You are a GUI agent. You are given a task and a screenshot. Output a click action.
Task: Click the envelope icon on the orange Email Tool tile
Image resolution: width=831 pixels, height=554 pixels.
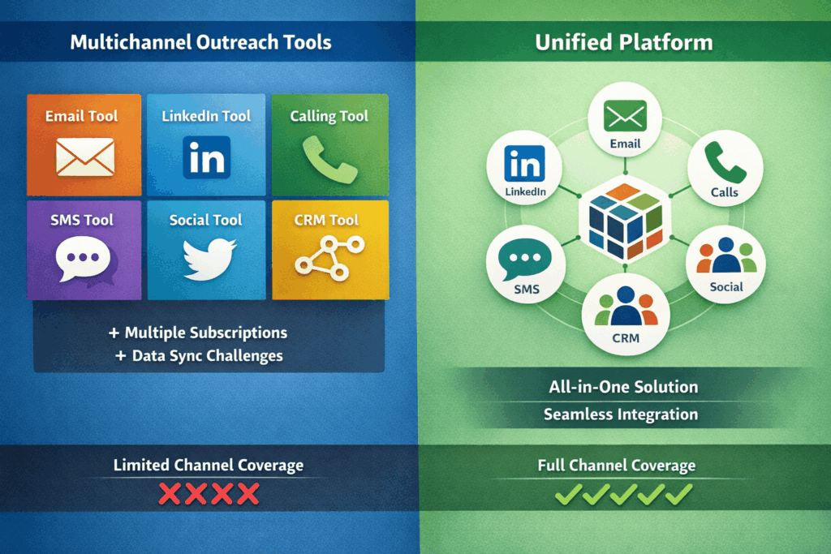coord(84,156)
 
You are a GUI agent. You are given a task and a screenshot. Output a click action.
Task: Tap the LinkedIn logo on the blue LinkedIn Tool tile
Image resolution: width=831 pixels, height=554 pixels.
coord(206,157)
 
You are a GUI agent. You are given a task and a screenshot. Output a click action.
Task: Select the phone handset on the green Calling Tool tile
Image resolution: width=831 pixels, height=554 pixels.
coord(329,158)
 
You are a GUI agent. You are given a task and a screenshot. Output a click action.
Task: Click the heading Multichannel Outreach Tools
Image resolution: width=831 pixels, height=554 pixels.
coord(200,41)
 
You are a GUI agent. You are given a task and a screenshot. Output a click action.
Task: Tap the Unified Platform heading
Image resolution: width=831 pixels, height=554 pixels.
coord(622,41)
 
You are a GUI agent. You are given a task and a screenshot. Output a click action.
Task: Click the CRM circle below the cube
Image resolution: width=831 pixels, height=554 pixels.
coord(624,316)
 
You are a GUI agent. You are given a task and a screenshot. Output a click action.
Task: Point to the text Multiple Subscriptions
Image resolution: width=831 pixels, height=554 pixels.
coord(197,333)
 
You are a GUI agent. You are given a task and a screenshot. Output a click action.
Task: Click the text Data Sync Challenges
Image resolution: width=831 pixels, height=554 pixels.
coord(199,355)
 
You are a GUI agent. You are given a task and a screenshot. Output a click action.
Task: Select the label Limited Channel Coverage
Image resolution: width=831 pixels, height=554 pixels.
coord(208,465)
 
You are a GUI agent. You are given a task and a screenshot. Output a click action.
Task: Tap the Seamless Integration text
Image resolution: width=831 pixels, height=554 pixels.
coord(621,414)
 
